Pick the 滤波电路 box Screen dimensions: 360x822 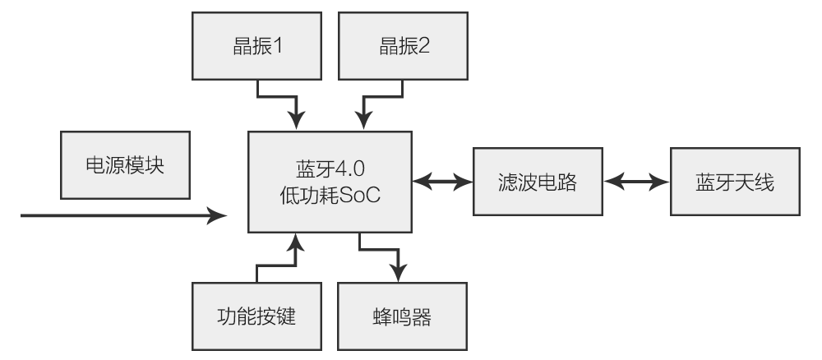pos(537,182)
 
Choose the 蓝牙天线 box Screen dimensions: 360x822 pos(733,182)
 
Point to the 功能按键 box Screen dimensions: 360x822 pos(257,316)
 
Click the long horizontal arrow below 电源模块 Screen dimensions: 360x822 pos(123,216)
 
